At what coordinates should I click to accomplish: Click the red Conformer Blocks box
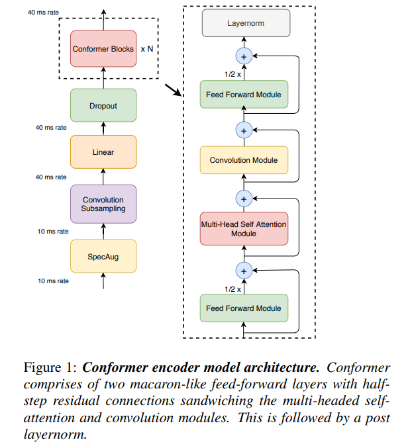103,49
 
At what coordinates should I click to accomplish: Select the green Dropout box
103,105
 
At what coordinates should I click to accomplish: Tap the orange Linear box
103,152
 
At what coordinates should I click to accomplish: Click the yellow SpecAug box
103,255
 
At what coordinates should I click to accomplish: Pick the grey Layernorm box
244,24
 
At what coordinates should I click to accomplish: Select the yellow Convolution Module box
244,160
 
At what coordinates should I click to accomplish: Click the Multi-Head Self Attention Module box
244,229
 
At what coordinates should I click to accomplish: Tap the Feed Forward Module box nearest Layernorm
244,95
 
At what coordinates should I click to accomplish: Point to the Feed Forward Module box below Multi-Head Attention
244,308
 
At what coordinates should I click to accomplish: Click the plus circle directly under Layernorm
244,57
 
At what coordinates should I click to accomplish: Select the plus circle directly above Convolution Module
244,130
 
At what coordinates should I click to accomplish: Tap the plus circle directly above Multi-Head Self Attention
244,198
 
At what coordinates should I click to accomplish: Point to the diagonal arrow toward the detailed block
173,90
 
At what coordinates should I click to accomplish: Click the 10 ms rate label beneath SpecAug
52,281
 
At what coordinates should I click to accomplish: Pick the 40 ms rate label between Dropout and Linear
51,127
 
